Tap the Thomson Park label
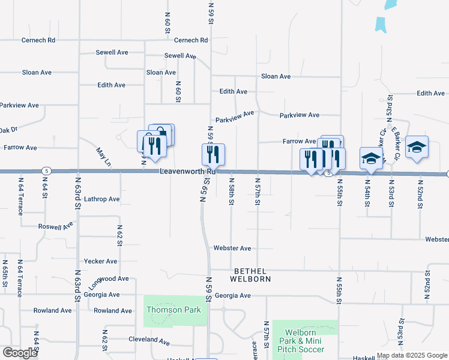[x=167, y=310]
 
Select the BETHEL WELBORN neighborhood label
[x=252, y=275]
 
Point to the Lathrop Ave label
[x=102, y=199]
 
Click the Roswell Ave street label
[x=55, y=227]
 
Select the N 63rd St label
[x=77, y=192]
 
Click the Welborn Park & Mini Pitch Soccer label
[x=304, y=341]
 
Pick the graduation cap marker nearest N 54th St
[x=371, y=159]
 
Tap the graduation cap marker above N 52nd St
[x=417, y=148]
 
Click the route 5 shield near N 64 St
[x=46, y=172]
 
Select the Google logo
[x=20, y=353]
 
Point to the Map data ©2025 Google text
[x=412, y=355]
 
